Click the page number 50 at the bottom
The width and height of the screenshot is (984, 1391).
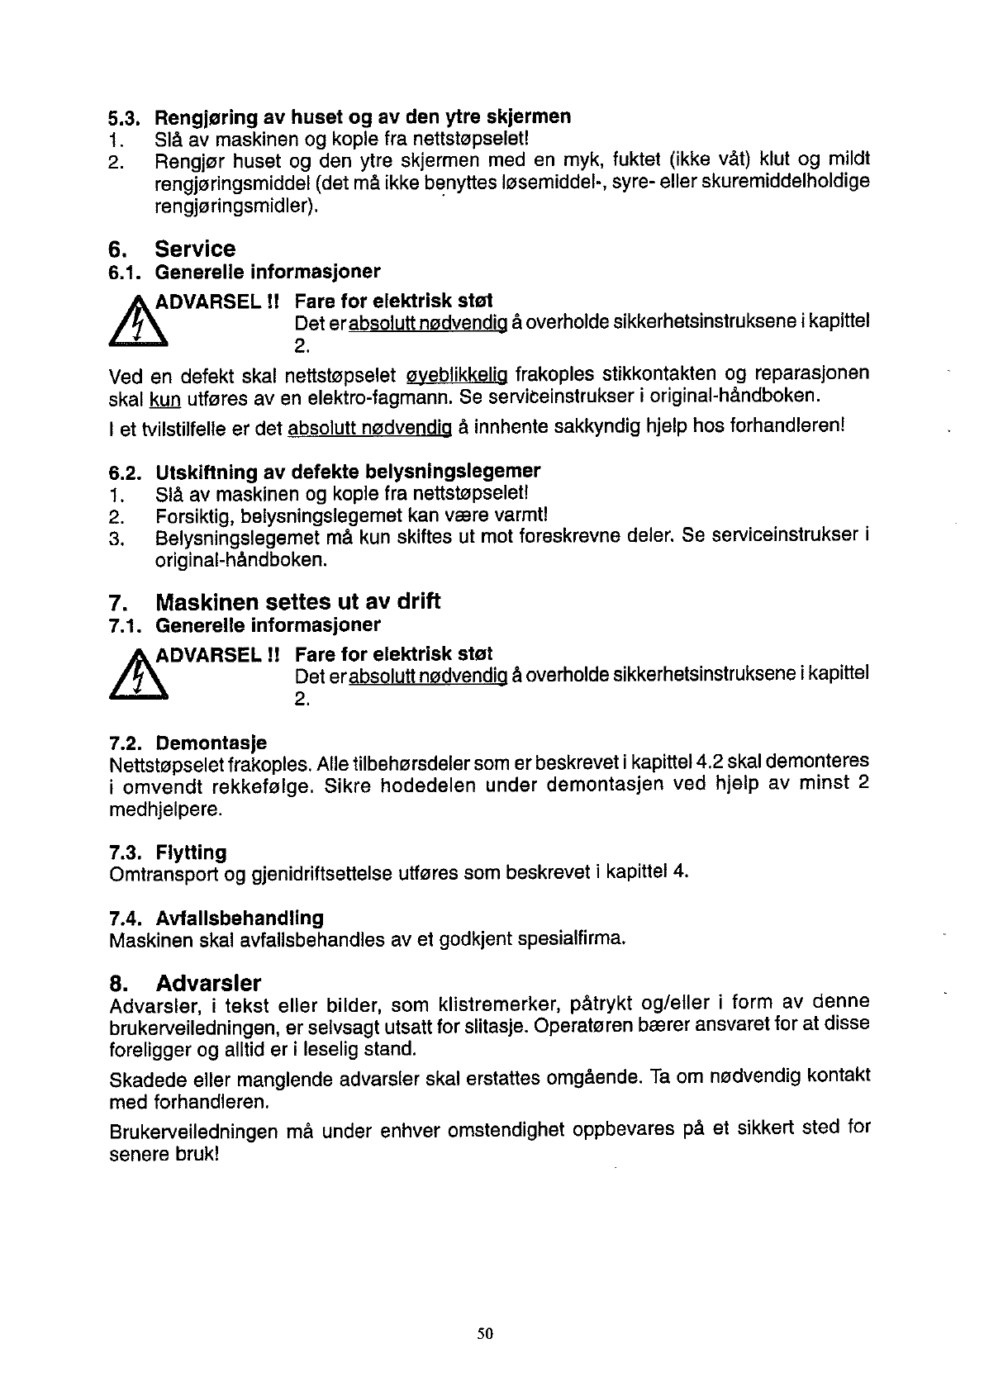tap(485, 1332)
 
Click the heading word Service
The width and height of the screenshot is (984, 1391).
tap(195, 249)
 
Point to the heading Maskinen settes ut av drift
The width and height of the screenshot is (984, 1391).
tap(297, 601)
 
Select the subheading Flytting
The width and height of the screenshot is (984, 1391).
tap(191, 852)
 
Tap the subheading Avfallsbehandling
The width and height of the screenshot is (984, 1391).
tap(240, 918)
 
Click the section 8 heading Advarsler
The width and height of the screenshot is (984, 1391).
tap(208, 984)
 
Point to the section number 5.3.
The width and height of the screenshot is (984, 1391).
tap(126, 117)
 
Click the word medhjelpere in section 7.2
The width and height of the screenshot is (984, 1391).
tap(154, 809)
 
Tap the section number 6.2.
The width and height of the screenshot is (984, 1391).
tap(126, 472)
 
